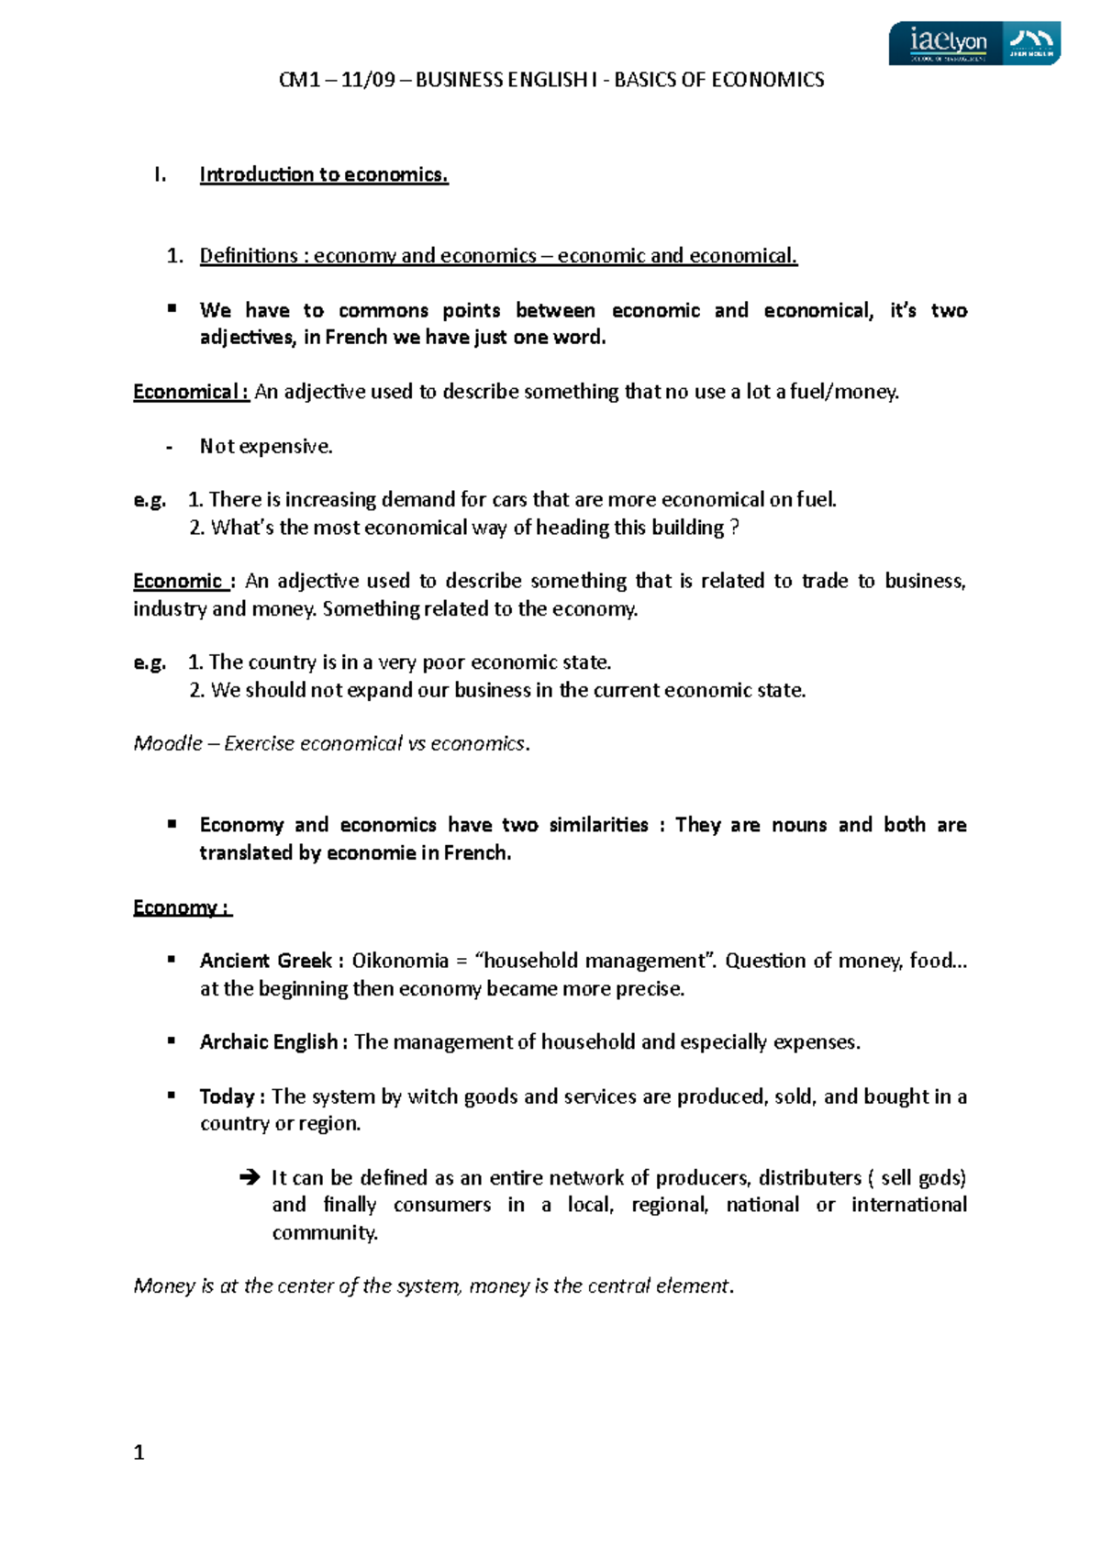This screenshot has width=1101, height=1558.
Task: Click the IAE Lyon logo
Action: (x=973, y=43)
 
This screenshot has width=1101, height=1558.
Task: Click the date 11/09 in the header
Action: (x=368, y=80)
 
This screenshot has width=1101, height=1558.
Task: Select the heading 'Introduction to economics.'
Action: (x=324, y=174)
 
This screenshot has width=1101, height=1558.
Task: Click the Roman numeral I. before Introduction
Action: (x=161, y=174)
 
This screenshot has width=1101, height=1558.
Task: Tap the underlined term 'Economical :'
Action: (x=191, y=392)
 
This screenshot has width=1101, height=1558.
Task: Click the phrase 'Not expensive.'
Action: (x=266, y=447)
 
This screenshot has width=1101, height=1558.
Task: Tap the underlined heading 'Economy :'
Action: (x=182, y=907)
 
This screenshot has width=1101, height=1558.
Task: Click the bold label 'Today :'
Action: (x=233, y=1096)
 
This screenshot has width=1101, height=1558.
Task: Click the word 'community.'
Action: (x=325, y=1232)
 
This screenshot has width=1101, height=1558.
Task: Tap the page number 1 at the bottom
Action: (x=139, y=1452)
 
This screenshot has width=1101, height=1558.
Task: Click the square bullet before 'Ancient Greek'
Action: (x=172, y=960)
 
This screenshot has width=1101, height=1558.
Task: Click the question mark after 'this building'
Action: (x=733, y=528)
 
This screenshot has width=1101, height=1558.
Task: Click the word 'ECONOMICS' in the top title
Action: (x=767, y=80)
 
